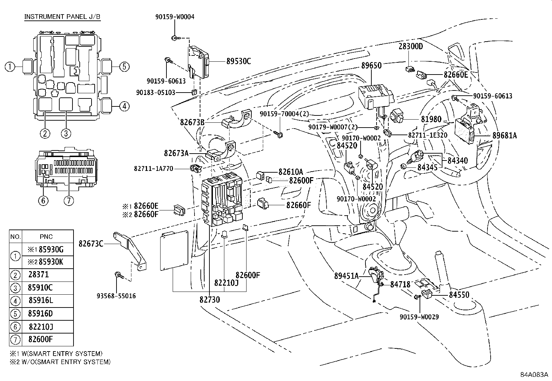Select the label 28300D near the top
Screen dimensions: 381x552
[411, 46]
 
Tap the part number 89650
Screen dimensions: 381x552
[371, 66]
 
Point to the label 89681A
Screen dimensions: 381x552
[504, 136]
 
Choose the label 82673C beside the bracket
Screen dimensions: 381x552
[91, 244]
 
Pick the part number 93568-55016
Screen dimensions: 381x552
[116, 296]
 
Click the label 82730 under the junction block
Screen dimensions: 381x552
[209, 300]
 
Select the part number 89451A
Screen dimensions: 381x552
[346, 276]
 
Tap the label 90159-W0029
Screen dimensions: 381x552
[419, 317]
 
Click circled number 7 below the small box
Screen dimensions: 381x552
[69, 200]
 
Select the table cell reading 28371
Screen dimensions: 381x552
[39, 275]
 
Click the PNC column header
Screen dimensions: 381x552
[46, 236]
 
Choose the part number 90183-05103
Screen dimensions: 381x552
[156, 93]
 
